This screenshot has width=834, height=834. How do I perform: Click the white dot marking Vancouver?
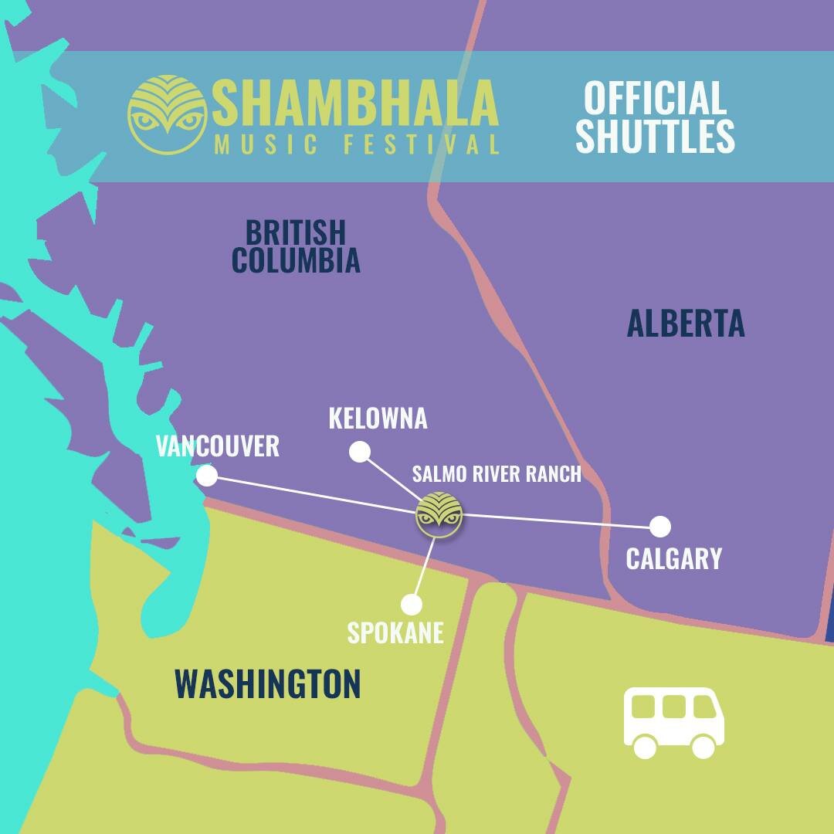(x=207, y=476)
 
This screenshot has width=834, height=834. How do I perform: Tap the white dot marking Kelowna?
(x=360, y=452)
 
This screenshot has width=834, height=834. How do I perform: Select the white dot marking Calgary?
(x=659, y=527)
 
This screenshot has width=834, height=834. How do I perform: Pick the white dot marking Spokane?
(x=412, y=604)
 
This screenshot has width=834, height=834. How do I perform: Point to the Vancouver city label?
(x=218, y=446)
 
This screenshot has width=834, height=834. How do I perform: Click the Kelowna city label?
(x=378, y=419)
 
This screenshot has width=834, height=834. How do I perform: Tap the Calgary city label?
(x=673, y=558)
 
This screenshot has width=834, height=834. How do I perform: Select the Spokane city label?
(x=395, y=633)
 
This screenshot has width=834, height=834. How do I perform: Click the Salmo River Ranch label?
(x=497, y=473)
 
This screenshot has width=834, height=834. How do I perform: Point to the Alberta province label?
(x=686, y=324)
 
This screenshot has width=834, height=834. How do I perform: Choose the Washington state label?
(x=268, y=684)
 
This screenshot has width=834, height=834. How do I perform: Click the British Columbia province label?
(x=296, y=246)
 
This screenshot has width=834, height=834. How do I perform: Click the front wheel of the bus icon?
(x=703, y=746)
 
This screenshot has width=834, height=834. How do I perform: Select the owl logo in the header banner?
(x=168, y=114)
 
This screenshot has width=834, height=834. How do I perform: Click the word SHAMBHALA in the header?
(x=356, y=103)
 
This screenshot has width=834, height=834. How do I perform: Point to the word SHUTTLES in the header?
(x=655, y=137)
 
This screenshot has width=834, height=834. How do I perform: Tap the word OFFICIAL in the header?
(x=655, y=98)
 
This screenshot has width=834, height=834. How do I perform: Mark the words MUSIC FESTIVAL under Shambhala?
(x=357, y=144)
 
